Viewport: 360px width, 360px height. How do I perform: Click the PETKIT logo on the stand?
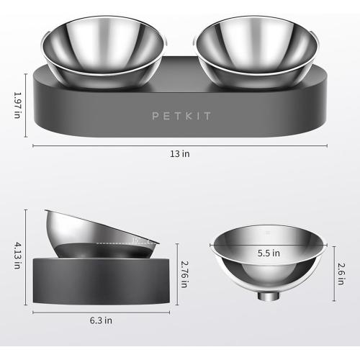179,114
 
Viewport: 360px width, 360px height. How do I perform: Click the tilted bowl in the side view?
101,234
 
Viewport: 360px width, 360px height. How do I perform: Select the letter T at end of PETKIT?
204,114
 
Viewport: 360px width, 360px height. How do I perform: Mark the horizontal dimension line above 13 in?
180,145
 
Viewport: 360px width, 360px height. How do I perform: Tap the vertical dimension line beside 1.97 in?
27,104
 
